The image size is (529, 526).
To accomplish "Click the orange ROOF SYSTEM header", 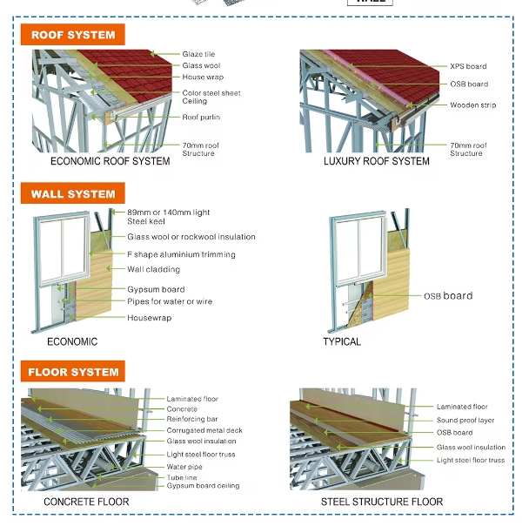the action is pos(72,35).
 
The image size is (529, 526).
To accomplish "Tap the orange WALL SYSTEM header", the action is pos(72,193).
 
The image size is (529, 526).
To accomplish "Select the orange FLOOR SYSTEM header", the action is pos(72,371).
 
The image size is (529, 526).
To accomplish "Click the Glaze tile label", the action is pos(198,54).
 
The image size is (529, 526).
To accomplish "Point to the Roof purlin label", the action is pos(201,118).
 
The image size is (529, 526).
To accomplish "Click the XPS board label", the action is pos(468,66).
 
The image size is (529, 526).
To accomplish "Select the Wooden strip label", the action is pos(473,105).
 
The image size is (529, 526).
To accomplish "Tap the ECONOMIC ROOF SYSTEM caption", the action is pos(110,161).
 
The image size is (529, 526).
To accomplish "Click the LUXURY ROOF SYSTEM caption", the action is pos(377,161).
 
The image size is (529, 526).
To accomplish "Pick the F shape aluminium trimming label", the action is pos(181,254).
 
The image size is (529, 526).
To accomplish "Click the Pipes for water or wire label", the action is pos(170,301).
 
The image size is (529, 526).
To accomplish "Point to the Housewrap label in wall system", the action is pos(149,318).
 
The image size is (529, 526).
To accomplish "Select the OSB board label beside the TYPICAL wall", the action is pos(448,296).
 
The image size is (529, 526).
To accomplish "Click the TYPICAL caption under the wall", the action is pos(342,341).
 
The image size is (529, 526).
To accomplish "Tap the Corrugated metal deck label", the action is pos(204,430).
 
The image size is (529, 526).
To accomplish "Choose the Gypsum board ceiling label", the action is pos(203,485).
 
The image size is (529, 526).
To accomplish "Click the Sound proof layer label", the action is pos(465,420).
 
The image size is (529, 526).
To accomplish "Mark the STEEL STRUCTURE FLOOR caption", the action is pos(382,502).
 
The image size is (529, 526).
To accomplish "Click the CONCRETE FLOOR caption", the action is pos(86,502).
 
